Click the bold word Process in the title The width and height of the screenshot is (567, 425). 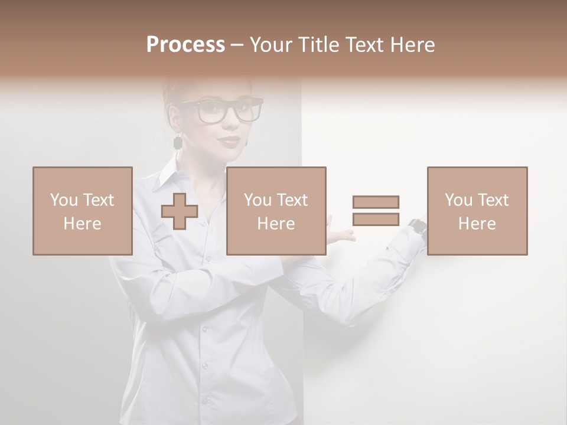pyautogui.click(x=185, y=45)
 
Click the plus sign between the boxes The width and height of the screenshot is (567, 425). pyautogui.click(x=180, y=211)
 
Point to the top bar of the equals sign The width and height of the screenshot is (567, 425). pyautogui.click(x=376, y=202)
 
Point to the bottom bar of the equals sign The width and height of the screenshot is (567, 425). pyautogui.click(x=376, y=219)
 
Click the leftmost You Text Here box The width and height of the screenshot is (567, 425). pyautogui.click(x=83, y=211)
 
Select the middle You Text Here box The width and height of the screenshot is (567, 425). pyautogui.click(x=276, y=211)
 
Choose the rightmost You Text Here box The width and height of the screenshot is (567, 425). pyautogui.click(x=477, y=211)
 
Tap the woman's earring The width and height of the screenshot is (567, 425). pyautogui.click(x=177, y=142)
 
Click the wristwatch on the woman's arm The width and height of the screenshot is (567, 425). pyautogui.click(x=418, y=226)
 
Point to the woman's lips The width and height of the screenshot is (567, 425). pyautogui.click(x=230, y=142)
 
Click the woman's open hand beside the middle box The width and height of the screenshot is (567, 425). pyautogui.click(x=341, y=234)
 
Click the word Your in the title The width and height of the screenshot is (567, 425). pyautogui.click(x=270, y=45)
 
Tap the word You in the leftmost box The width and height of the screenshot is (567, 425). pyautogui.click(x=63, y=200)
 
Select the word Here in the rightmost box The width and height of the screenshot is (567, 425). pyautogui.click(x=477, y=224)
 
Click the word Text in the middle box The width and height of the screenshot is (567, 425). pyautogui.click(x=292, y=200)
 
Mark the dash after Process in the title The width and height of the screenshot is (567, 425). pyautogui.click(x=237, y=45)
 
